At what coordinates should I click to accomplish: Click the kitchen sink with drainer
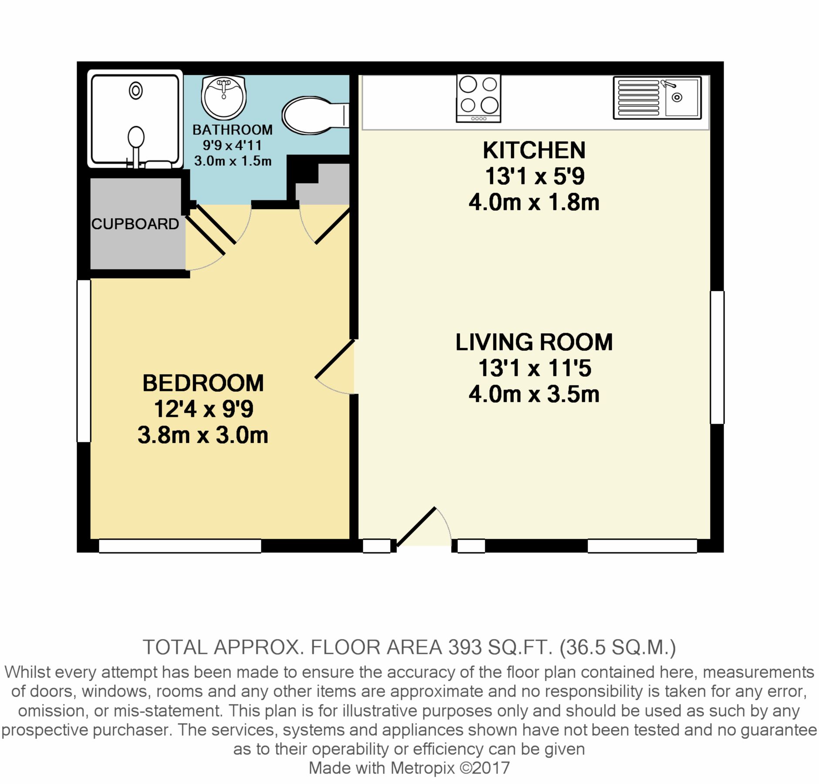click(657, 98)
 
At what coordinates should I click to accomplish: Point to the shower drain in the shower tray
click(136, 91)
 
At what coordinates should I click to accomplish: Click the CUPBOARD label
click(135, 224)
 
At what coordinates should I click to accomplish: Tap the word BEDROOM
click(203, 383)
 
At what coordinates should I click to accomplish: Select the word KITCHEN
click(534, 151)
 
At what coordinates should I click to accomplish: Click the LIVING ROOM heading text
click(534, 342)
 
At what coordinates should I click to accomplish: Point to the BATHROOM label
click(233, 130)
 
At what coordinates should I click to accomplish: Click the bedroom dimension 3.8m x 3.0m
click(203, 435)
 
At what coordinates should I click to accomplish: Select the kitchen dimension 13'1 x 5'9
click(534, 176)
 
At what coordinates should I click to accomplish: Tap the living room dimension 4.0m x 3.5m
click(534, 395)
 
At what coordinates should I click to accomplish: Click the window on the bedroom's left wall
click(84, 361)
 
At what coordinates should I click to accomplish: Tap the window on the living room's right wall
click(717, 357)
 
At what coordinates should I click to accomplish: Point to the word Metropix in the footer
click(422, 768)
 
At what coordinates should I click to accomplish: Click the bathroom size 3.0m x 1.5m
click(233, 161)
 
